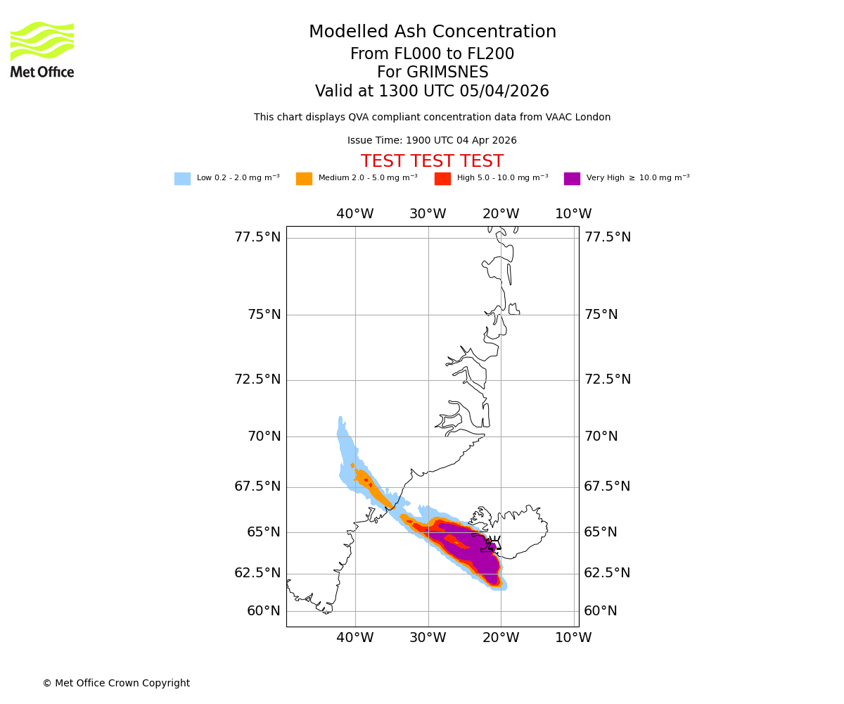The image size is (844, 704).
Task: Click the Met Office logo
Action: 42,49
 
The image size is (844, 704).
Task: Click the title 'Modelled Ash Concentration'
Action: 433,32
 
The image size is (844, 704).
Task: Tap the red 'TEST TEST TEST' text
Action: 432,161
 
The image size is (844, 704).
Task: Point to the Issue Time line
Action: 432,141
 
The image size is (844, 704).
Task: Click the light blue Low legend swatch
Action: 182,179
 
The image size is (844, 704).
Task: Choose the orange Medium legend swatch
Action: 304,179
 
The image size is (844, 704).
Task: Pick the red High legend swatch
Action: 442,179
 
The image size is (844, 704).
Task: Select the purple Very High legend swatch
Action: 572,179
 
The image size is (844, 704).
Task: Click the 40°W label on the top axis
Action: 354,214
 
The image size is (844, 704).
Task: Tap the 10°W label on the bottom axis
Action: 573,638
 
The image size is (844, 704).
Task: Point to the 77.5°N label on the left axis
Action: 257,237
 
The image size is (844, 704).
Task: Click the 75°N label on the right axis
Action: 601,315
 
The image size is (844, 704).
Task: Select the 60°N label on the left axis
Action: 264,611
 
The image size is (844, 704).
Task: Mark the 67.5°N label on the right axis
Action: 607,486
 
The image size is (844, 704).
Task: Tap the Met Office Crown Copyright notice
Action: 116,684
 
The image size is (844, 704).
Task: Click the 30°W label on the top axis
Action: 428,214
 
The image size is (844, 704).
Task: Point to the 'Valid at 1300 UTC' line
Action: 432,92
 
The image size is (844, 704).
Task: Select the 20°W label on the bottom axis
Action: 501,638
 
